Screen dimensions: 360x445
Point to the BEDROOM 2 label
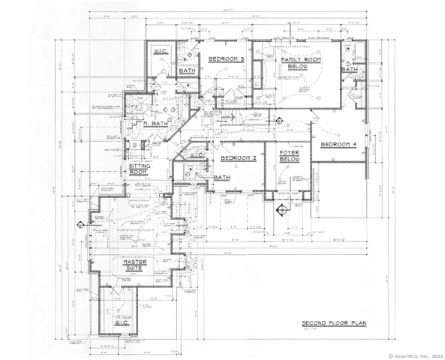pos(239,159)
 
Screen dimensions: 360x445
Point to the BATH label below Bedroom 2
pos(221,178)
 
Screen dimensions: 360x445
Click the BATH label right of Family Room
pos(348,69)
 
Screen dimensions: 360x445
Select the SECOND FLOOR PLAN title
pos(333,323)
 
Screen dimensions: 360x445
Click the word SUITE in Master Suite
pos(128,269)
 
